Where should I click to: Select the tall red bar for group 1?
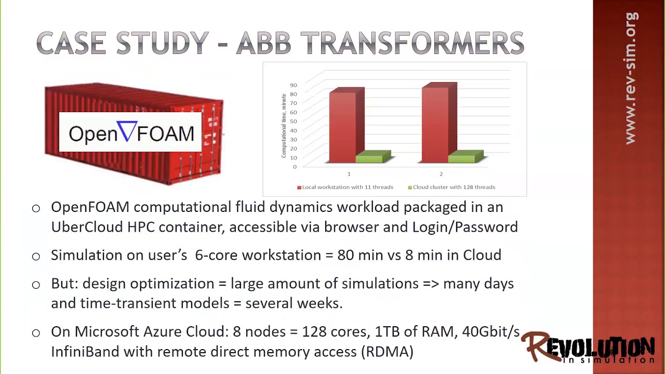click(343, 127)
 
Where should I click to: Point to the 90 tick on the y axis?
click(294, 85)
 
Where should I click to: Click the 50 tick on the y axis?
click(294, 121)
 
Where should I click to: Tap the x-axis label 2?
click(441, 174)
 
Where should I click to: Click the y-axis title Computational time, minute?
click(284, 126)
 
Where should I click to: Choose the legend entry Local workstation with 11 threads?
click(345, 187)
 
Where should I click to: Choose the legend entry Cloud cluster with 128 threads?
click(451, 187)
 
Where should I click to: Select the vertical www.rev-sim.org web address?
click(630, 78)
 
